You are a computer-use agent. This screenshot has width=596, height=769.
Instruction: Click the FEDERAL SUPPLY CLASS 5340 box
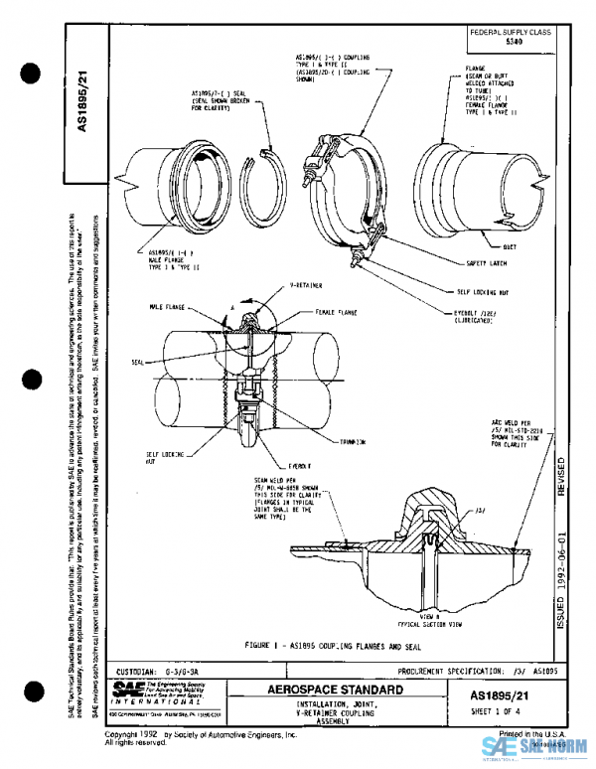pyautogui.click(x=511, y=39)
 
